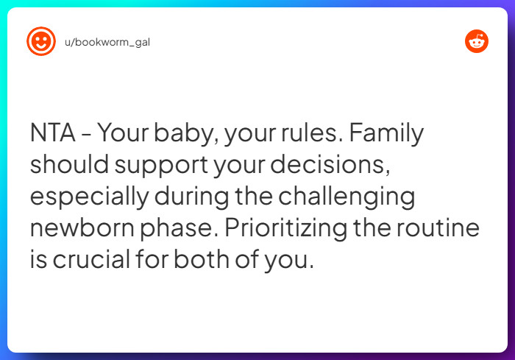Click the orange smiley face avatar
pos(41,41)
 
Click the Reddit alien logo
pos(477,41)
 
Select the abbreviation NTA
pos(52,135)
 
